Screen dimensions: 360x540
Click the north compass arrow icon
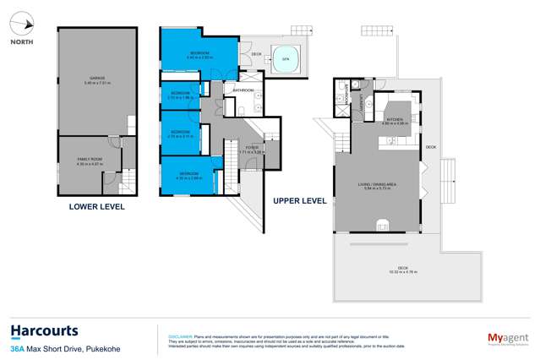(24, 25)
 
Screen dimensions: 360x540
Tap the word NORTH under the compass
(23, 41)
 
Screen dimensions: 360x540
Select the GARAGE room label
(96, 79)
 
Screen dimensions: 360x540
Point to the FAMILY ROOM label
(90, 160)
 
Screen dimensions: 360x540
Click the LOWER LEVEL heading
(95, 206)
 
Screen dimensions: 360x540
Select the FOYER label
(253, 148)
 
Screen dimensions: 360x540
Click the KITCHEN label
(396, 120)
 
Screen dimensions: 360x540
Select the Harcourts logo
(44, 330)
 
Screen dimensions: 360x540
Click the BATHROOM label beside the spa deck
(244, 89)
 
